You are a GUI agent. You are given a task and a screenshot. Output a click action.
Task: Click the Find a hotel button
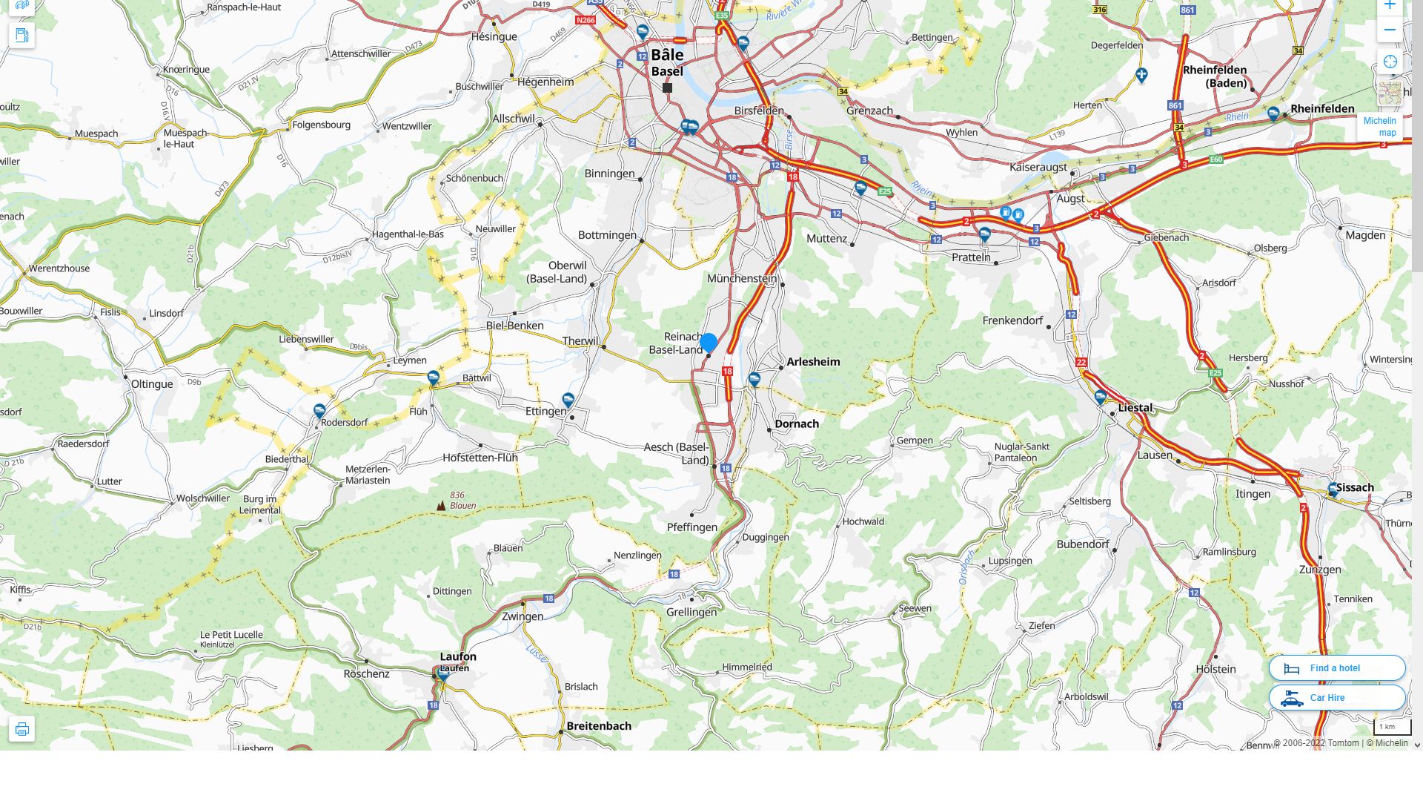tap(1336, 668)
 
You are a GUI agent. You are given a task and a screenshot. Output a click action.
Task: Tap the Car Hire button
tap(1336, 698)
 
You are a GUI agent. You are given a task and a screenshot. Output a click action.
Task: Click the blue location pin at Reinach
tap(709, 342)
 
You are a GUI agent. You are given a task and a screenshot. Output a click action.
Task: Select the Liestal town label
tap(1135, 408)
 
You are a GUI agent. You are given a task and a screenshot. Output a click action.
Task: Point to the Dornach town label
tap(797, 424)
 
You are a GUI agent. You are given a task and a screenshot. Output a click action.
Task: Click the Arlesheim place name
tap(813, 362)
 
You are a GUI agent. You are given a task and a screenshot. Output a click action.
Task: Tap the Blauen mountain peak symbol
tap(441, 505)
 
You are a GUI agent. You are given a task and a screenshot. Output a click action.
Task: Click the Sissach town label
tap(1355, 488)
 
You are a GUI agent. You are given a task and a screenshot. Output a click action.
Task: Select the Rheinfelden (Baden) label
tap(1215, 76)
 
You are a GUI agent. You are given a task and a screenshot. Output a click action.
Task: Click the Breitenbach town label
tap(599, 726)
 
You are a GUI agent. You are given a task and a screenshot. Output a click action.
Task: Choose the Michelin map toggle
tap(1379, 126)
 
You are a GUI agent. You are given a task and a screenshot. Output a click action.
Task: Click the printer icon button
tap(21, 729)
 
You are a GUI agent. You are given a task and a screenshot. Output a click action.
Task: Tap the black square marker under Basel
tap(667, 88)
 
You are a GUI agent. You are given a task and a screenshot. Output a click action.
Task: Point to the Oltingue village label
tap(152, 384)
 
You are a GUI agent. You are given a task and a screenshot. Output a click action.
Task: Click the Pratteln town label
tap(971, 257)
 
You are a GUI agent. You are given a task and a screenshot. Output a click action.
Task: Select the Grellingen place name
tap(691, 612)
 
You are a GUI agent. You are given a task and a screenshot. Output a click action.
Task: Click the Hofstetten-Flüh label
tap(480, 458)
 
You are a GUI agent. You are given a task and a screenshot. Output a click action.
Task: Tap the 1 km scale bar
tap(1391, 727)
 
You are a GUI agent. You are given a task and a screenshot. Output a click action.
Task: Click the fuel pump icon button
tap(21, 35)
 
